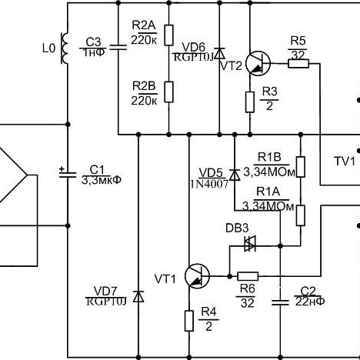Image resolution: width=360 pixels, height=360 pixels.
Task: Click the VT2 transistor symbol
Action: tap(258, 64)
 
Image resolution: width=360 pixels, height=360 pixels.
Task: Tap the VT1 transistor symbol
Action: tap(197, 276)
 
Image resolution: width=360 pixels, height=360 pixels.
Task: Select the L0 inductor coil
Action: tap(64, 48)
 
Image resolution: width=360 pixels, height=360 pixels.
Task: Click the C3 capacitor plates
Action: tap(118, 47)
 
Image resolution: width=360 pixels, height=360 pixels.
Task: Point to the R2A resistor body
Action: tap(168, 35)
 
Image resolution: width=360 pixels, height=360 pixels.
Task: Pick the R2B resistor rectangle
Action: tap(168, 92)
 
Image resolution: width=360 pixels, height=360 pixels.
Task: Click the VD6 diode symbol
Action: tap(219, 53)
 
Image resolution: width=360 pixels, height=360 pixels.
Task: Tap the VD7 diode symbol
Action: tap(138, 297)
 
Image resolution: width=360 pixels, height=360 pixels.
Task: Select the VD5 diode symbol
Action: tap(235, 175)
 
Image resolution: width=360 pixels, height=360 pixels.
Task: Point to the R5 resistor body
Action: tap(298, 64)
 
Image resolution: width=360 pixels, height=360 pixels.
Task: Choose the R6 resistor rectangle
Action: tap(248, 276)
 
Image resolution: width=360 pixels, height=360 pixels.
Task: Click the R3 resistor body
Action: tap(250, 102)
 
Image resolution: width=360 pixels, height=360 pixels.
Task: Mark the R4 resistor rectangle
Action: tap(189, 321)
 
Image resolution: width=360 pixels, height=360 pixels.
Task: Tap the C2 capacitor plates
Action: tap(280, 302)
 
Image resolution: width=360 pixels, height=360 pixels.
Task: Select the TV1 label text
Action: tap(345, 162)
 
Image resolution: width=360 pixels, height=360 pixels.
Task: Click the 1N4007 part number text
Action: tap(209, 184)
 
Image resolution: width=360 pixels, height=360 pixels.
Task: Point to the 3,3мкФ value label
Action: tap(102, 180)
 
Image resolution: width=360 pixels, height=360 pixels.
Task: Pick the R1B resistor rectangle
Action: tap(301, 167)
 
